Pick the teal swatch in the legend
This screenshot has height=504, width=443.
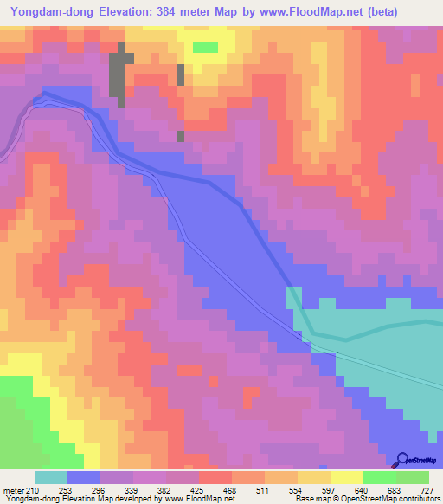(51, 477)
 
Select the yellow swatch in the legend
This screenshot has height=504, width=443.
(347, 477)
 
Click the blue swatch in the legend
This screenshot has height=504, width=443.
(84, 477)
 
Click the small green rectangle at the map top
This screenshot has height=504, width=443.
(205, 47)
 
